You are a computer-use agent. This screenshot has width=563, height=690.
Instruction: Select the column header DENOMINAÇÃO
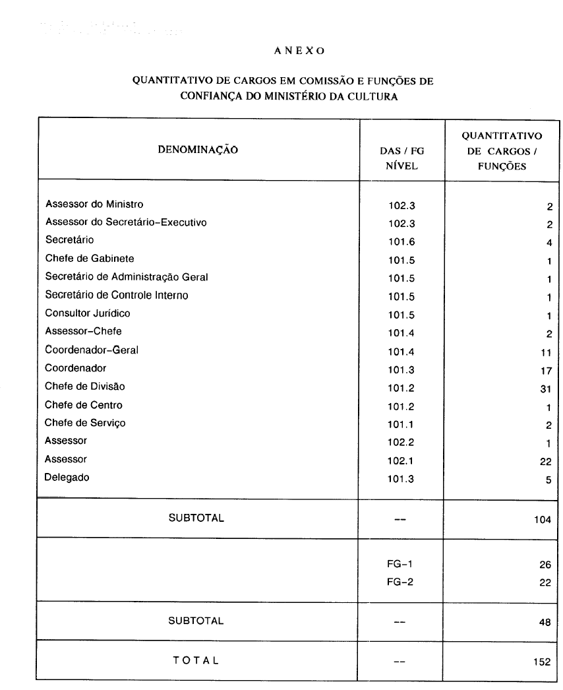[x=198, y=150]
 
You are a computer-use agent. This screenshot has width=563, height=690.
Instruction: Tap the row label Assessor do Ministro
[x=94, y=204]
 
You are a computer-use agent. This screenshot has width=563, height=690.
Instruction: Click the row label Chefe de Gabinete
[x=89, y=258]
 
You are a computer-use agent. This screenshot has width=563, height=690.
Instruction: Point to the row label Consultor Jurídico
[x=87, y=313]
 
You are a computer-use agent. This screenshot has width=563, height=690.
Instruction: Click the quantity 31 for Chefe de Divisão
[x=545, y=389]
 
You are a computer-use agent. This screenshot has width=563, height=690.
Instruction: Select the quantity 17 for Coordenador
[x=545, y=371]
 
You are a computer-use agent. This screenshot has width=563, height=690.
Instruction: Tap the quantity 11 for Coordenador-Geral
[x=545, y=353]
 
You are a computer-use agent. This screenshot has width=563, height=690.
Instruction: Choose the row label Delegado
[x=67, y=478]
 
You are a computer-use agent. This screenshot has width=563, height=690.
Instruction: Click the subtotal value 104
[x=543, y=520]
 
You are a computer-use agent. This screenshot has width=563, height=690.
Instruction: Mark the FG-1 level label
[x=400, y=565]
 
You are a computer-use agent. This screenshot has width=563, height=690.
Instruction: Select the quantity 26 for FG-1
[x=545, y=565]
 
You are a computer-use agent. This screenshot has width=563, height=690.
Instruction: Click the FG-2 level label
[x=400, y=582]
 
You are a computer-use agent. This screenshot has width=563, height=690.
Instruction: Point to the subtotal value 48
[x=545, y=622]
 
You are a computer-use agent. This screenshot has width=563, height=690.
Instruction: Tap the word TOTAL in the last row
[x=196, y=660]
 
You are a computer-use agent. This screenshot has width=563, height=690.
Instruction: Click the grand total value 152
[x=543, y=662]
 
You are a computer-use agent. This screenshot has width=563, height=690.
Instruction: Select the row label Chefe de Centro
[x=83, y=404]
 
